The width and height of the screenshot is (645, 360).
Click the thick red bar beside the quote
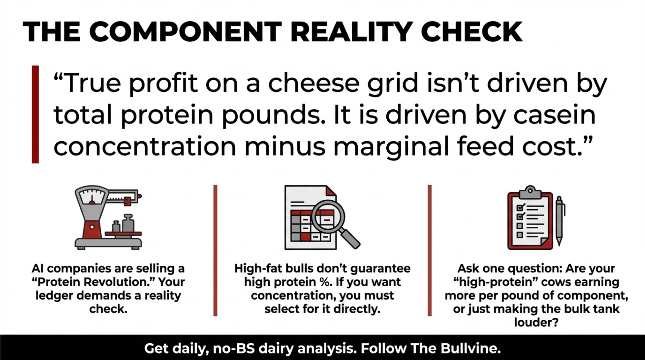[x=35, y=114]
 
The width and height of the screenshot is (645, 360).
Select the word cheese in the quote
[x=313, y=83]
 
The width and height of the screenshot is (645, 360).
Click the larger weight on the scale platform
[x=128, y=223]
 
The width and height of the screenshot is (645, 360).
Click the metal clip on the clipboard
[x=530, y=192]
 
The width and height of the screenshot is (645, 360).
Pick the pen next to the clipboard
[x=560, y=221]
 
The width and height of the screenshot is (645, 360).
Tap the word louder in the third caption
[x=536, y=322]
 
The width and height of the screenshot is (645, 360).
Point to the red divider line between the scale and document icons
[x=215, y=250]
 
